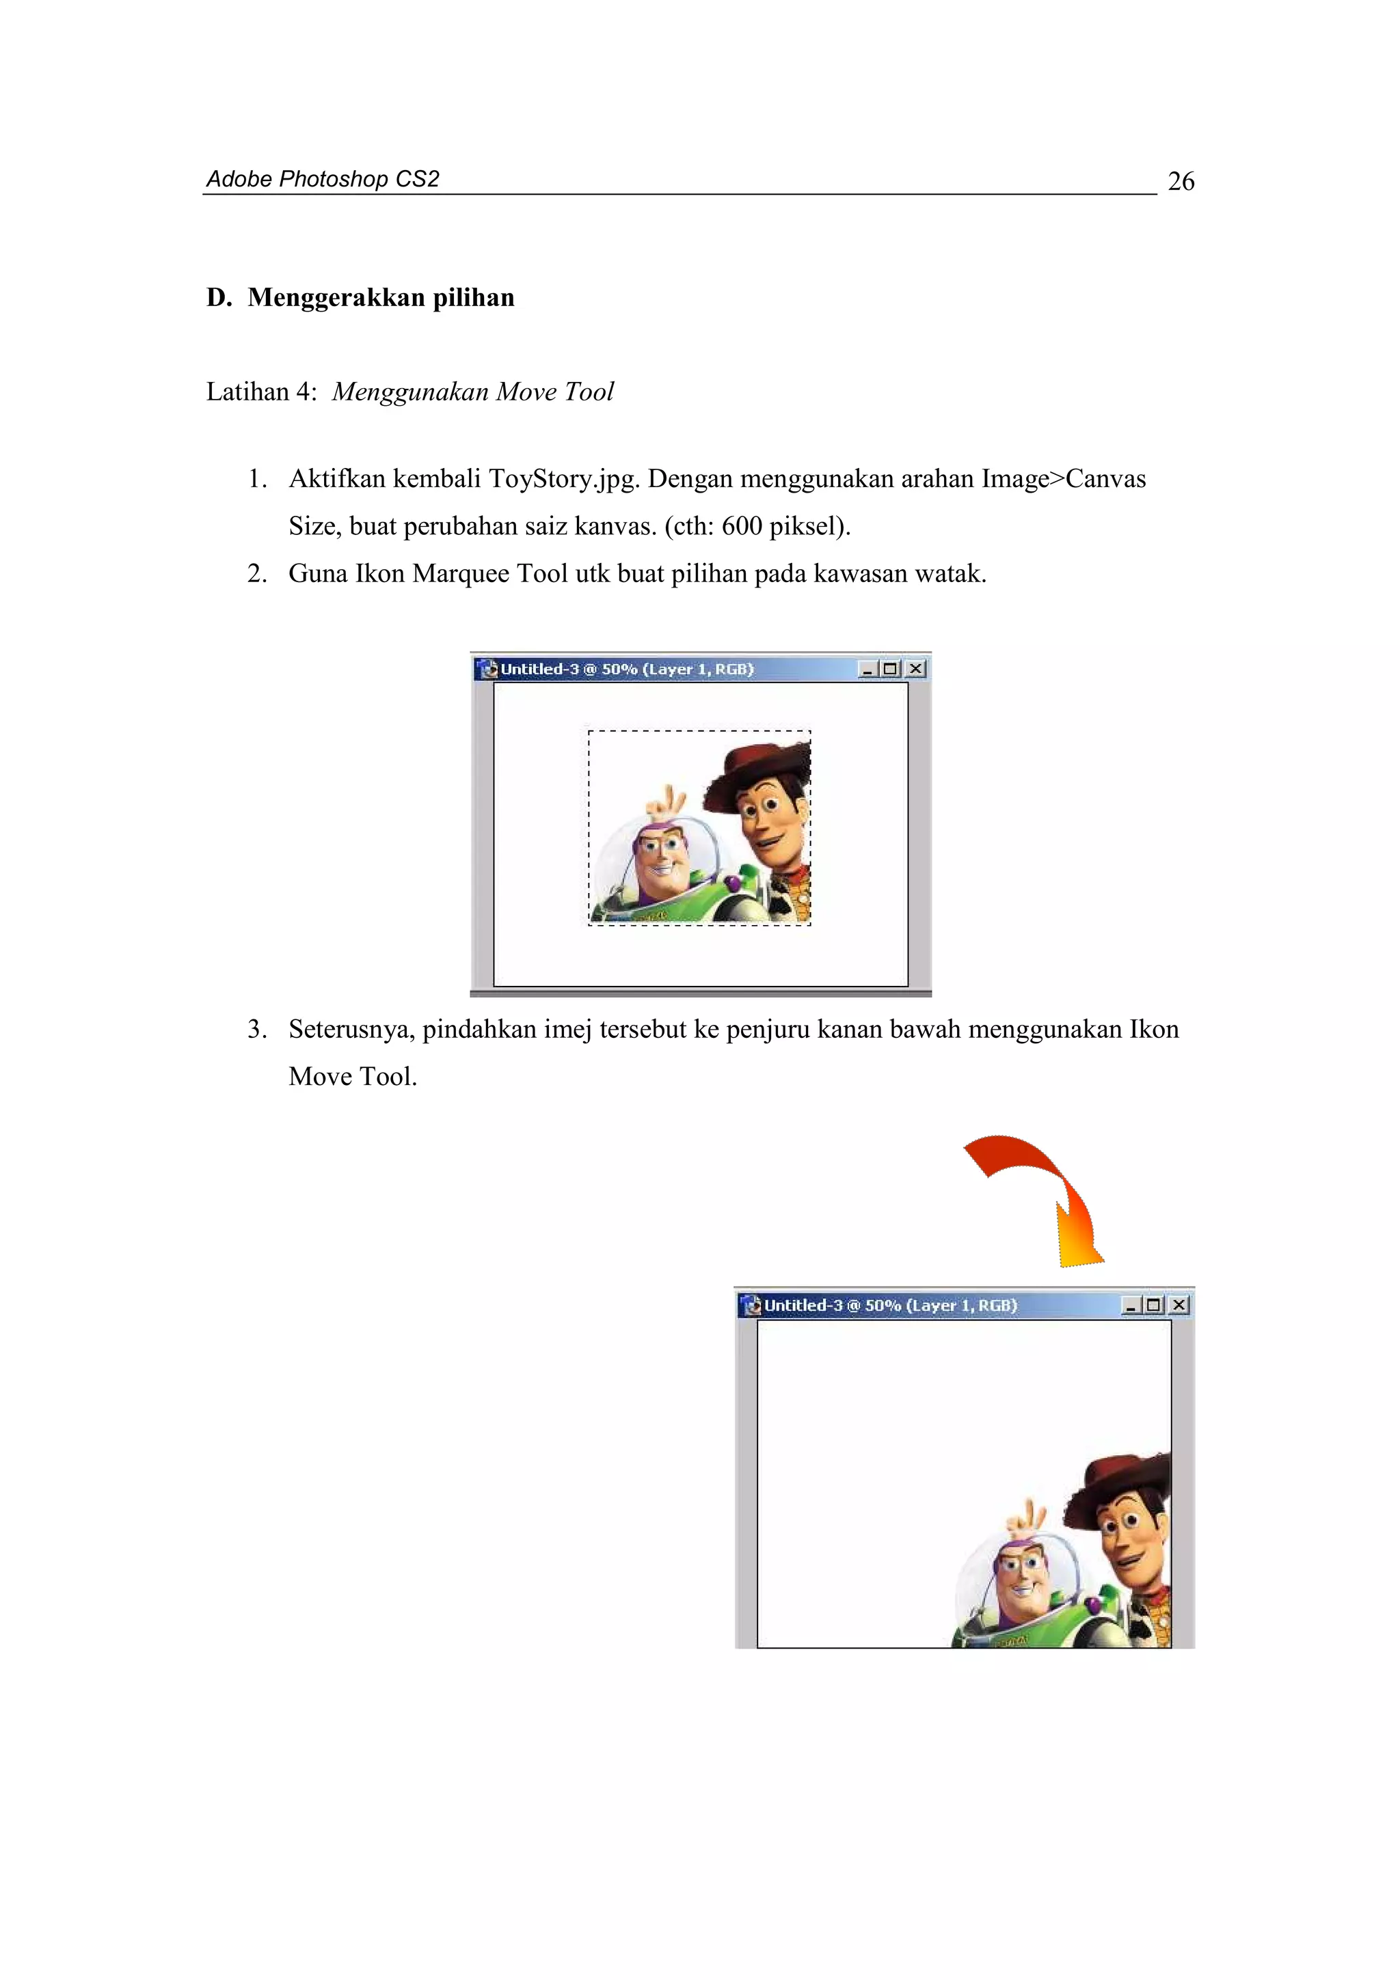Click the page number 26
1180,181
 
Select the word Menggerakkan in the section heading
336,297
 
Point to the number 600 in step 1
741,526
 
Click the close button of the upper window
916,669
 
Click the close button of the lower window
1179,1306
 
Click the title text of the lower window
890,1306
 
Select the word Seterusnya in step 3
351,1030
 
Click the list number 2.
256,573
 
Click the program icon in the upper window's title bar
489,669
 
